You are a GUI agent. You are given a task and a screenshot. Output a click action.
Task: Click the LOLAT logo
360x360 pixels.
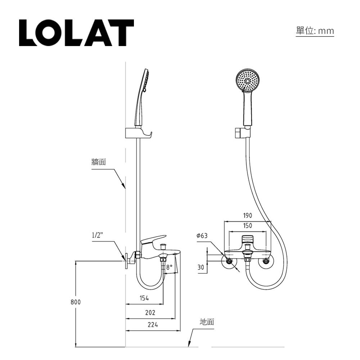click(x=76, y=33)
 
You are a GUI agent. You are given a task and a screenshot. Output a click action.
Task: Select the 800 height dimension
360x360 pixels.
click(x=76, y=302)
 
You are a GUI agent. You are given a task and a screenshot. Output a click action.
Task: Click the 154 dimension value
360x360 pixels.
click(x=144, y=298)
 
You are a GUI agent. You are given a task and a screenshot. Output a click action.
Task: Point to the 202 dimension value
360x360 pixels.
click(x=150, y=312)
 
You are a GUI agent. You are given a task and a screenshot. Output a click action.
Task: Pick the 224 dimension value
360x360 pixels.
click(x=153, y=325)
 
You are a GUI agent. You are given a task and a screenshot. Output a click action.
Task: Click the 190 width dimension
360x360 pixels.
click(x=247, y=216)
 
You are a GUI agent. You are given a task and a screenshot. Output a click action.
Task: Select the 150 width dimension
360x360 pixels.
click(x=247, y=226)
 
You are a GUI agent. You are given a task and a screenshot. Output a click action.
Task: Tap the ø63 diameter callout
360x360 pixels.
click(x=202, y=236)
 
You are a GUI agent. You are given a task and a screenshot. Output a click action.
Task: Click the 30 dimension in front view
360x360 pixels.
click(x=201, y=267)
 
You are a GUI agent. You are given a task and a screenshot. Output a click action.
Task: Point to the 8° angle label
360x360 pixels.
click(x=170, y=267)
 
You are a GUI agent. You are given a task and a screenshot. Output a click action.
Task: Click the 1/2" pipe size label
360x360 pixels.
click(x=97, y=235)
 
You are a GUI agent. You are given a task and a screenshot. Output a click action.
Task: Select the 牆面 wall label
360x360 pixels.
click(x=98, y=162)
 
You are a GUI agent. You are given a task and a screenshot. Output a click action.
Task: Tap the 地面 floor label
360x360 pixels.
click(x=207, y=321)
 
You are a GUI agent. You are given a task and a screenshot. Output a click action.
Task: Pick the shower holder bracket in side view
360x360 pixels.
click(x=138, y=133)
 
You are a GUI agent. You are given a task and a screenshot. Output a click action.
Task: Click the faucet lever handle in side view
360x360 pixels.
click(x=154, y=239)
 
